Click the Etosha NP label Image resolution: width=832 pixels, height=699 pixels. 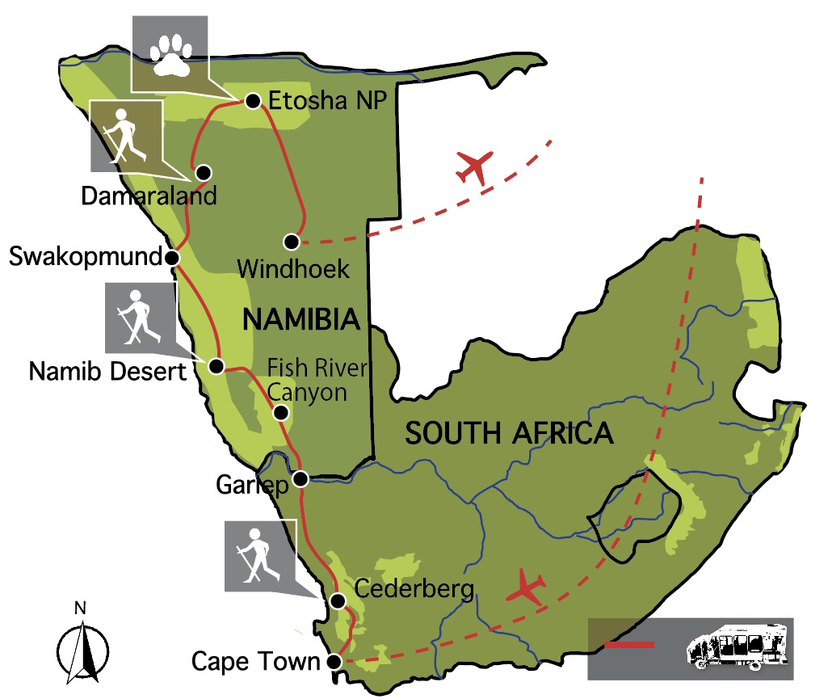click(x=328, y=101)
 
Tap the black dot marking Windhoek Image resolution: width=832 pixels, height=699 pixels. click(x=292, y=242)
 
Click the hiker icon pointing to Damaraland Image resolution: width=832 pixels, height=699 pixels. click(x=124, y=135)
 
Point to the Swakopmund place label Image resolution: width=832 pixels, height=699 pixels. click(x=85, y=258)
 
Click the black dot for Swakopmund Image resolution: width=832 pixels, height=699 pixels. click(x=172, y=258)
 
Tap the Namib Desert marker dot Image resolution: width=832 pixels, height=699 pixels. click(x=216, y=366)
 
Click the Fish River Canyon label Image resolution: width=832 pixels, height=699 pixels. click(x=317, y=381)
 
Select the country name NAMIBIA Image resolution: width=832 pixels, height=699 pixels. click(x=300, y=320)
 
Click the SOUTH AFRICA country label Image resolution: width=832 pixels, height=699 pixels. click(x=509, y=433)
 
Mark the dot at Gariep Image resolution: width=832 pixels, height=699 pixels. click(x=300, y=478)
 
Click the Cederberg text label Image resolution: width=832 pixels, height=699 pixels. click(x=414, y=589)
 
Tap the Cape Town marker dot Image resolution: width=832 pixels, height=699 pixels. click(x=335, y=662)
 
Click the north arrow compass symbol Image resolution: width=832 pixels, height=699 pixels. click(x=82, y=647)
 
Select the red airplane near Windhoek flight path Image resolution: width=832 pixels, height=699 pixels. click(x=474, y=167)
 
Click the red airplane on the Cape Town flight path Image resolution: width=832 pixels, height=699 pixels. click(x=526, y=587)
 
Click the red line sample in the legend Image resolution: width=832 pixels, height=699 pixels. click(x=629, y=645)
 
